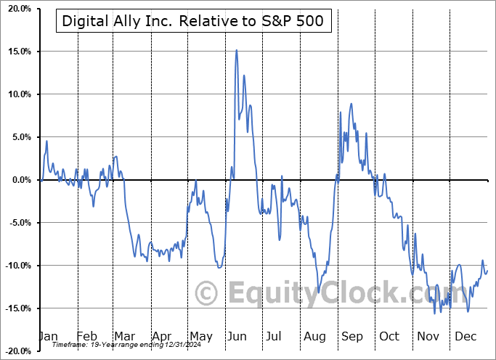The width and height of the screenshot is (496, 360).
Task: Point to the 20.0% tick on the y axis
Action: pos(16,9)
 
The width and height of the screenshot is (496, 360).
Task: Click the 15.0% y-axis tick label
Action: pos(16,52)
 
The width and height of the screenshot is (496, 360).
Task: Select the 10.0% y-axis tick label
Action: pos(16,94)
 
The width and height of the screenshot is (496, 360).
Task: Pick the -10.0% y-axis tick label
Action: pos(15,266)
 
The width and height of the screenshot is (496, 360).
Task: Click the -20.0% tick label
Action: pos(15,351)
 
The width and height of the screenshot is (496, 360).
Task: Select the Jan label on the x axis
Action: pos(48,336)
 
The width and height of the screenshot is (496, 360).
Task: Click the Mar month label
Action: pos(123,336)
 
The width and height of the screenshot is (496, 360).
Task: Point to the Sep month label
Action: pos(351,336)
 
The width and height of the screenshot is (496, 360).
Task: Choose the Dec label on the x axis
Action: pos(465,336)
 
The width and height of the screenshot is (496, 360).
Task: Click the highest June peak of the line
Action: pos(237,50)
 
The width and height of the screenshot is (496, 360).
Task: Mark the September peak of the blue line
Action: pos(351,104)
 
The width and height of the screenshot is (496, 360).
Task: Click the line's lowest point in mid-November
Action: pos(435,313)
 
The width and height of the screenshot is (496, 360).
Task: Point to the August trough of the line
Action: pos(318,292)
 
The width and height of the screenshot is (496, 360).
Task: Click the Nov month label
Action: pos(428,336)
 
